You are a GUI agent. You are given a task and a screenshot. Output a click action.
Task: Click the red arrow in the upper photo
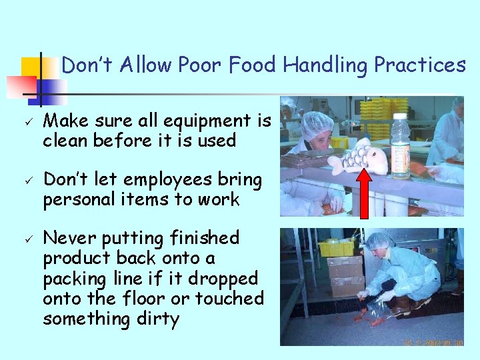[365, 193]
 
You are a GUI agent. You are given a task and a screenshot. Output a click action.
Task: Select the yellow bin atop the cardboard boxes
[337, 248]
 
